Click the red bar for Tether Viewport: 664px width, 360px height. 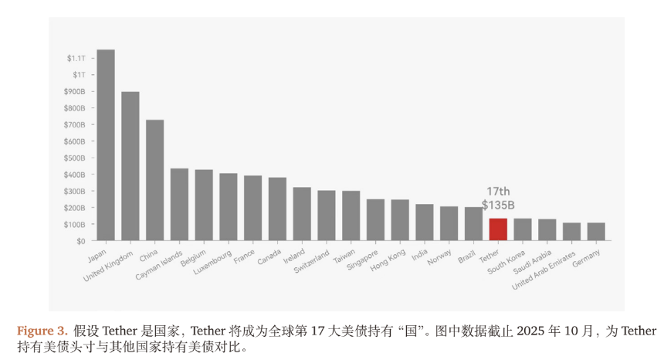point(498,229)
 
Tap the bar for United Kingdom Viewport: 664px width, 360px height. point(130,166)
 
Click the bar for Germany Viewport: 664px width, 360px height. point(596,232)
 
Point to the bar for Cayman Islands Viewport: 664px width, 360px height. point(179,205)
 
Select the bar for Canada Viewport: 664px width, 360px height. point(277,209)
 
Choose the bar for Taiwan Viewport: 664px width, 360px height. point(351,216)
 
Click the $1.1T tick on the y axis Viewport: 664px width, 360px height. point(76,59)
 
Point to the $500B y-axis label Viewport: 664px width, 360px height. point(74,158)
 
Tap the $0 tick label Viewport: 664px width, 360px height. point(80,241)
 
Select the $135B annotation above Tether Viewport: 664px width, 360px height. point(498,205)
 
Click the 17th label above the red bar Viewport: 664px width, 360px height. point(498,192)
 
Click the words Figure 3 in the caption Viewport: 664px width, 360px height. point(42,331)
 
